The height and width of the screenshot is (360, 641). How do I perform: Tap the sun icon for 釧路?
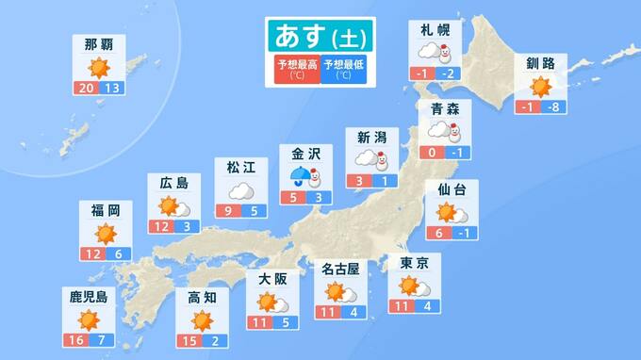click(540, 87)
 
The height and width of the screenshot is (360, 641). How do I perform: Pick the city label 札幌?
click(435, 29)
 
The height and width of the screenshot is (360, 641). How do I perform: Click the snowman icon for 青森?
click(457, 132)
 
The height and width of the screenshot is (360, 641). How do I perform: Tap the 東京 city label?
click(415, 263)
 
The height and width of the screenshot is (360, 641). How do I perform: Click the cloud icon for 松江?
click(240, 190)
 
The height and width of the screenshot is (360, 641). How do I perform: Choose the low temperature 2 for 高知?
click(216, 339)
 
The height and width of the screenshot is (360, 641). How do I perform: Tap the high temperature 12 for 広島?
click(160, 227)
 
